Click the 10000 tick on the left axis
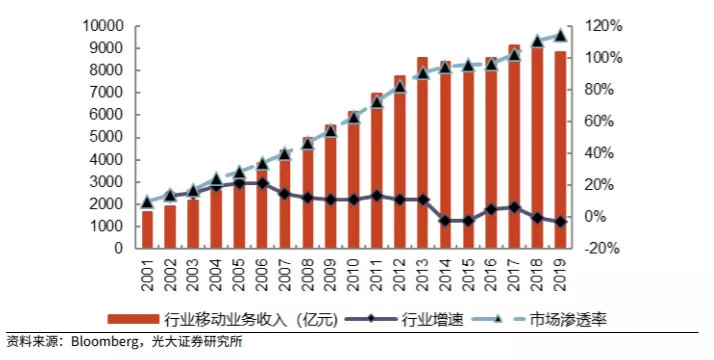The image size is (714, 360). click(103, 25)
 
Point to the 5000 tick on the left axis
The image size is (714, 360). click(107, 137)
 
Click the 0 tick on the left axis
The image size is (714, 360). click(119, 249)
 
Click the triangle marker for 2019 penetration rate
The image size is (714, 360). click(561, 35)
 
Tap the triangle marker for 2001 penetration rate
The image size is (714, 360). click(148, 201)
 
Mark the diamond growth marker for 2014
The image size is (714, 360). click(446, 220)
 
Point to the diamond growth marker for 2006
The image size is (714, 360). click(262, 183)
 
